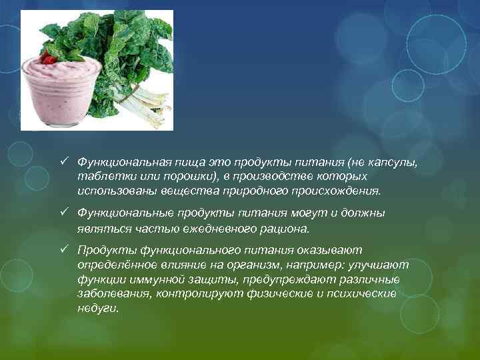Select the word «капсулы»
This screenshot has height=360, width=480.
399,161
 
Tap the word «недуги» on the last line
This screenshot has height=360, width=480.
97,309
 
